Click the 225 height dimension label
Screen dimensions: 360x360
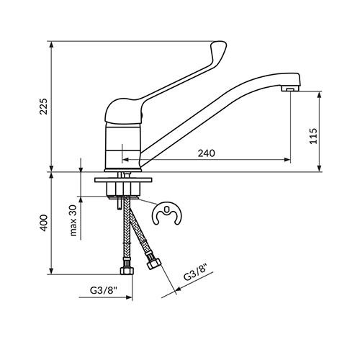pos(44,106)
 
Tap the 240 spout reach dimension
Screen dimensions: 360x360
pos(206,153)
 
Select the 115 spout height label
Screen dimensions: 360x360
pos(313,136)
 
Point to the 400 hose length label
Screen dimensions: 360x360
pos(44,223)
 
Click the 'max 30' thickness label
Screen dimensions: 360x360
pos(73,220)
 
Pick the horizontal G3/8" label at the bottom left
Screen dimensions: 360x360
pos(104,290)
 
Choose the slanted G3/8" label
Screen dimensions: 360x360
pos(195,272)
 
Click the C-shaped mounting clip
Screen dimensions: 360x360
pos(167,213)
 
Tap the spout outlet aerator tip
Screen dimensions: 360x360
pos(290,89)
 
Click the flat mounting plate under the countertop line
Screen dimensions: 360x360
pos(123,180)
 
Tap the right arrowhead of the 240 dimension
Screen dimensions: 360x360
pos(287,160)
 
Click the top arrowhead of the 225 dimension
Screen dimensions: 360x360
pos(51,45)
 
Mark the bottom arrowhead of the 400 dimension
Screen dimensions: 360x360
pos(51,271)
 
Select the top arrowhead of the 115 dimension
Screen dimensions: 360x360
pos(319,95)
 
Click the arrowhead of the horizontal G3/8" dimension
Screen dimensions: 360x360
pos(129,297)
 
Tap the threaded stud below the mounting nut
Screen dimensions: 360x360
pos(119,204)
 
